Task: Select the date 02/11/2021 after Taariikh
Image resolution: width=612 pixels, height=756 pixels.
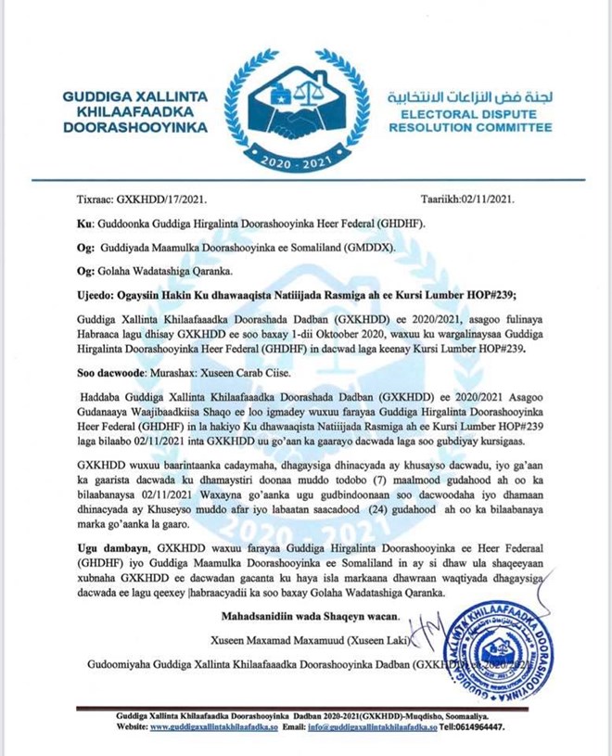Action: tap(498, 199)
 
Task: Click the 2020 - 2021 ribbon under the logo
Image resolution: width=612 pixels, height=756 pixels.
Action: tap(305, 160)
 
